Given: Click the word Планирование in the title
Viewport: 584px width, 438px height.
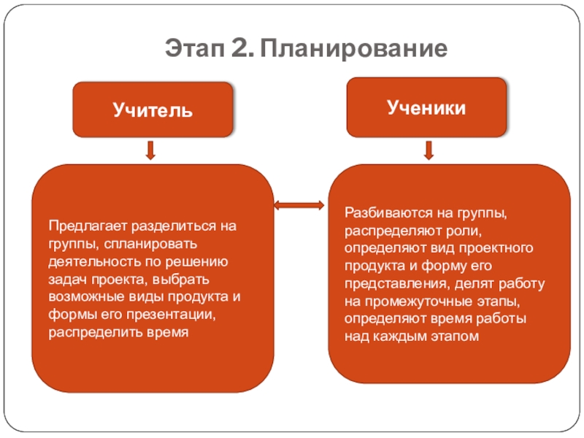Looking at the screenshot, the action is tap(353, 50).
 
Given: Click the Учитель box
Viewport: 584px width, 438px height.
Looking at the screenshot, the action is tap(152, 110).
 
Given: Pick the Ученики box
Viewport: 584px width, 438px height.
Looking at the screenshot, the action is tap(426, 107).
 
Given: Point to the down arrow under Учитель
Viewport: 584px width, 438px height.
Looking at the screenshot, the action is tap(150, 150).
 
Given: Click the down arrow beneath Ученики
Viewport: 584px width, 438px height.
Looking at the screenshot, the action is tap(428, 150).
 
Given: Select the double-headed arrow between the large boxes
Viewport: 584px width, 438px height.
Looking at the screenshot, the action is tap(300, 206).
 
